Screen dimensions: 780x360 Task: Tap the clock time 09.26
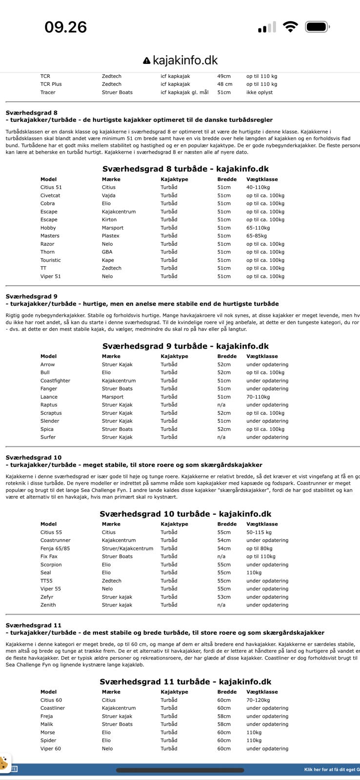[x=65, y=27]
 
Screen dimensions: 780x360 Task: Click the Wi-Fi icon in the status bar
[x=290, y=27]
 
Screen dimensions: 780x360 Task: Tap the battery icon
[x=318, y=27]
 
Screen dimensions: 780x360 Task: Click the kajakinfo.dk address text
[x=185, y=60]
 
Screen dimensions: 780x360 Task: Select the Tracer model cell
[x=48, y=92]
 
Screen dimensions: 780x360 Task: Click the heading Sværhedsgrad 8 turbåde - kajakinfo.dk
[x=185, y=169]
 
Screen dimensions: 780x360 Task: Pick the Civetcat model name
[x=50, y=195]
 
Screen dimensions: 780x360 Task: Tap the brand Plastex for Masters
[x=111, y=236]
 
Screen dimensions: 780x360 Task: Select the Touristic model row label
[x=51, y=260]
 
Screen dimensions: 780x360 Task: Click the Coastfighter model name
[x=55, y=381]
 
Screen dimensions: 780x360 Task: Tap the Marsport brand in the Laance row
[x=113, y=397]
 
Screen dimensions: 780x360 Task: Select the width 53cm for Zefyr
[x=224, y=597]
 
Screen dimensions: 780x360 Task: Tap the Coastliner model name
[x=53, y=708]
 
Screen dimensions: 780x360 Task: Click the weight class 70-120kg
[x=258, y=700]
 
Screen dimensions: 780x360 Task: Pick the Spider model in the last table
[x=48, y=740]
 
